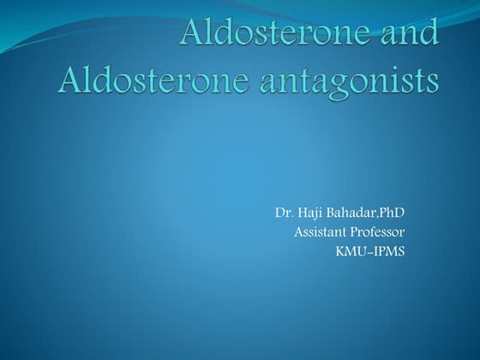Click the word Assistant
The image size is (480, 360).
pos(321,231)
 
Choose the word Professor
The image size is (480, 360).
pos(378,231)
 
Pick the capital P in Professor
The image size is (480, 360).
pos(356,231)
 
